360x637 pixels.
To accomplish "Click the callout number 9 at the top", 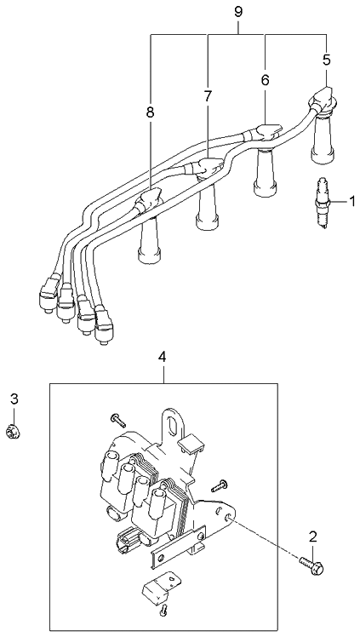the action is click(238, 12).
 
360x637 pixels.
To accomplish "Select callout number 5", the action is click(327, 60).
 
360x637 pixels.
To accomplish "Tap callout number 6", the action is click(265, 80).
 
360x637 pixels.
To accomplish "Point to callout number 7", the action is click(208, 96).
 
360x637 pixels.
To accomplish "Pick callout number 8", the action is click(151, 112).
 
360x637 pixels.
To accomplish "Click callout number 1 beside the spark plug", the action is click(351, 201).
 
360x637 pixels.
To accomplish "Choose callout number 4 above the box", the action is click(163, 357).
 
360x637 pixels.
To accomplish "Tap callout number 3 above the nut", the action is click(14, 399).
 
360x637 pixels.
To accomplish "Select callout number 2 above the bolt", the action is click(312, 537).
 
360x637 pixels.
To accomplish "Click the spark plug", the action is click(322, 204).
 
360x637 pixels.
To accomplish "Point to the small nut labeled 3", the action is click(14, 431).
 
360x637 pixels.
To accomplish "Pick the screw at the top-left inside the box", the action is click(118, 420).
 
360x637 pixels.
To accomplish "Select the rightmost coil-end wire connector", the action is click(104, 324).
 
